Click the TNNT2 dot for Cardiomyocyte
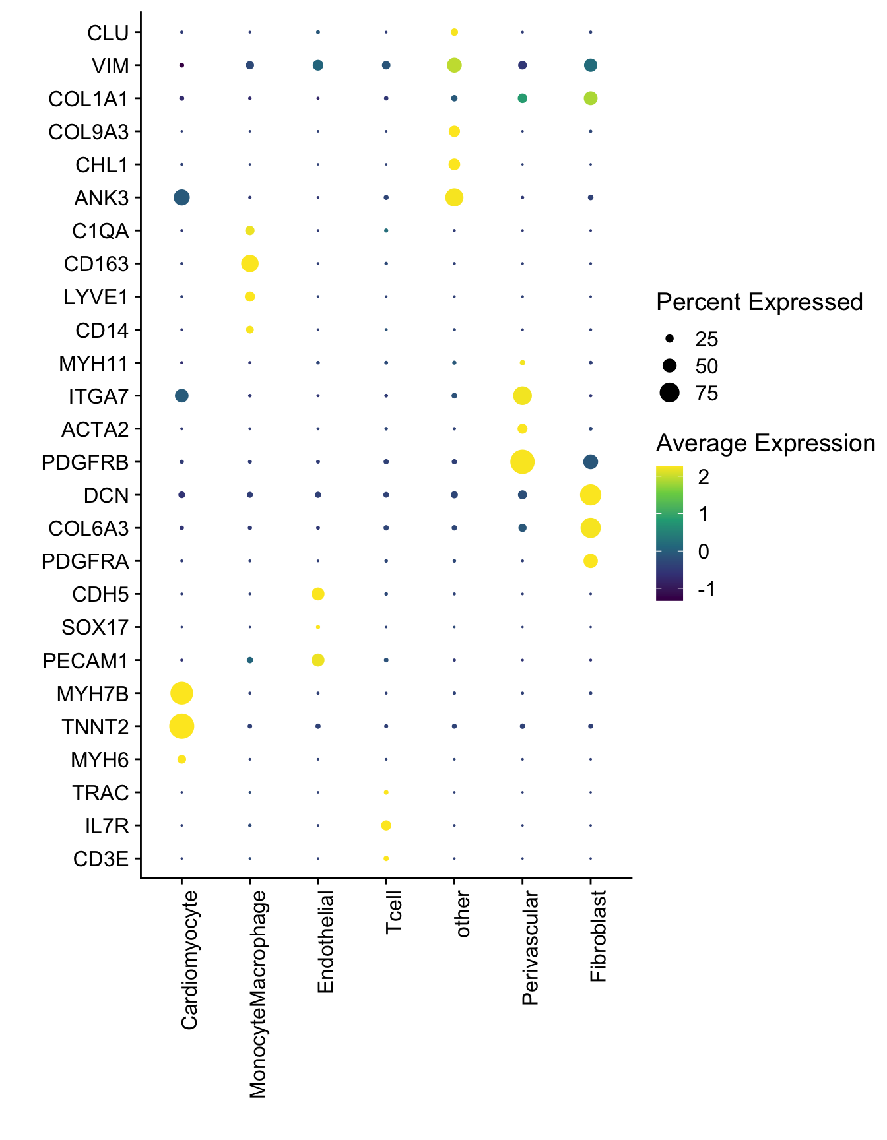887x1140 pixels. pyautogui.click(x=181, y=726)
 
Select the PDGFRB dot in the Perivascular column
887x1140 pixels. pyautogui.click(x=522, y=462)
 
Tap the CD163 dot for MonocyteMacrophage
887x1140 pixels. pyautogui.click(x=249, y=264)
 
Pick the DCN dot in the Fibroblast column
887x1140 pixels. pyautogui.click(x=590, y=495)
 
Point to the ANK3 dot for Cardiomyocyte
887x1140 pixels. pyautogui.click(x=181, y=197)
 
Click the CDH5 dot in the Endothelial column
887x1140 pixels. pyautogui.click(x=317, y=594)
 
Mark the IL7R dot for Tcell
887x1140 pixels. pyautogui.click(x=386, y=825)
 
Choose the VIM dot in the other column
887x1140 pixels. pyautogui.click(x=454, y=65)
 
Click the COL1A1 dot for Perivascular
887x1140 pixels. pyautogui.click(x=522, y=98)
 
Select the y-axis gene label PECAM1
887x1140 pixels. pyautogui.click(x=86, y=661)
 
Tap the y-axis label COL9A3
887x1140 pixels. pyautogui.click(x=88, y=132)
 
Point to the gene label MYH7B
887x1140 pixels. pyautogui.click(x=92, y=694)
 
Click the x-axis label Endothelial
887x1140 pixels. pyautogui.click(x=325, y=941)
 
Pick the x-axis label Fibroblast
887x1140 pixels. pyautogui.click(x=598, y=936)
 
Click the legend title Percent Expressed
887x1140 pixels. pyautogui.click(x=759, y=302)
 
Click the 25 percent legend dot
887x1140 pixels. pyautogui.click(x=669, y=339)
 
